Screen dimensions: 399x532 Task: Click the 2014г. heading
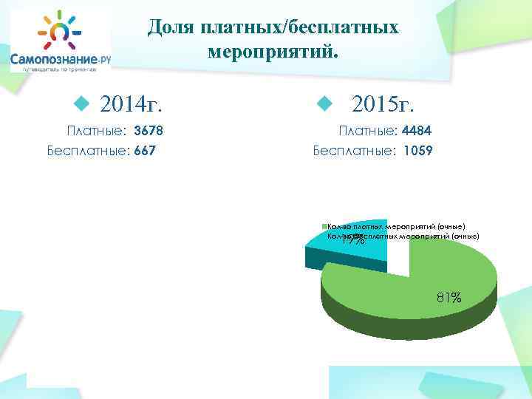(132, 103)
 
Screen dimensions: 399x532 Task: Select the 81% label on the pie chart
(449, 298)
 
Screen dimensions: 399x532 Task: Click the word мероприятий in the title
(273, 52)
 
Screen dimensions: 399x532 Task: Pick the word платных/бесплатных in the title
(296, 27)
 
